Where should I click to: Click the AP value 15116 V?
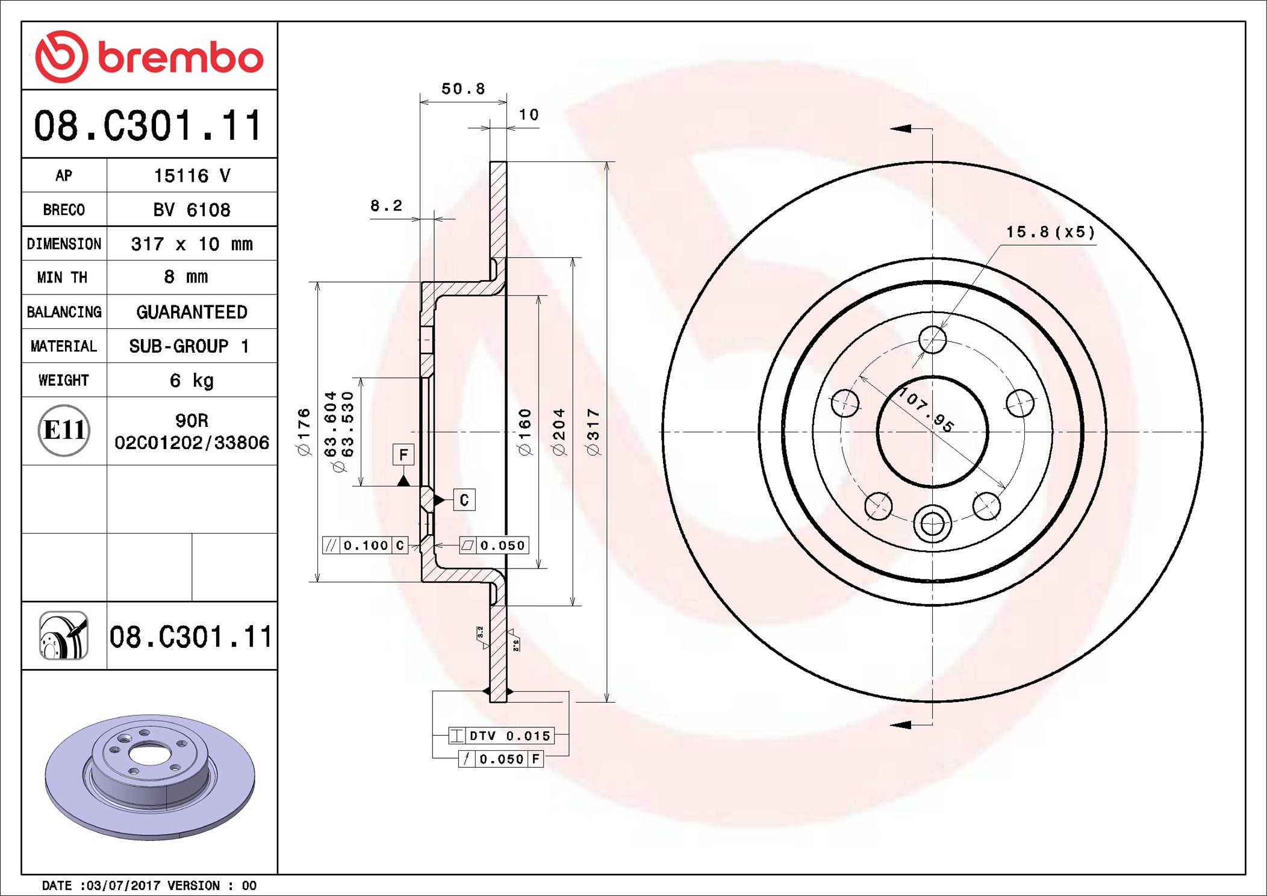pos(191,176)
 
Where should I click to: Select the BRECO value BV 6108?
pos(191,210)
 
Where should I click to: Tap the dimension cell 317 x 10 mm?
pos(191,244)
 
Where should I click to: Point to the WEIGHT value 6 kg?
pos(191,381)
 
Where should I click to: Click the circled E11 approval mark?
pos(64,431)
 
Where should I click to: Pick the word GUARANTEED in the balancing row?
pos(191,312)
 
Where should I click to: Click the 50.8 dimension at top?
pos(462,89)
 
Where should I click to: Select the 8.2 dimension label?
pos(386,206)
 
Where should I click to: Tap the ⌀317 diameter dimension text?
pos(593,432)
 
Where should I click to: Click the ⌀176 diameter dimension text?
pos(304,432)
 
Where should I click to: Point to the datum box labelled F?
pos(403,455)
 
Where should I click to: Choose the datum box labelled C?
pos(464,500)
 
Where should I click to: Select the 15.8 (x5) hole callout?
pos(1050,232)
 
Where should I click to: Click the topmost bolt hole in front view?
pos(932,340)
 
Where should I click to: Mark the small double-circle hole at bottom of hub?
pos(932,524)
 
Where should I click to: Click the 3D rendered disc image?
pos(149,777)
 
